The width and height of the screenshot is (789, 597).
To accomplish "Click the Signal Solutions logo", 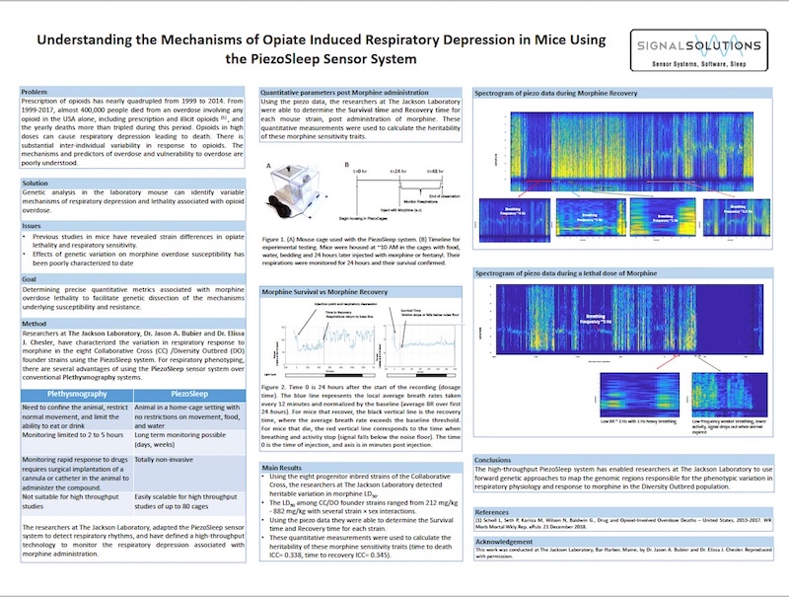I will tap(698, 52).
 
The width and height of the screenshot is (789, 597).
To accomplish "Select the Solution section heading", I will tap(36, 184).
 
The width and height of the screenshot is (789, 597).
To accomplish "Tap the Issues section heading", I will tap(33, 226).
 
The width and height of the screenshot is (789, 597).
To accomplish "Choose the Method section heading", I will tap(36, 324).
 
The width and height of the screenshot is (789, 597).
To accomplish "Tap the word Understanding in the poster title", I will tap(95, 40).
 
